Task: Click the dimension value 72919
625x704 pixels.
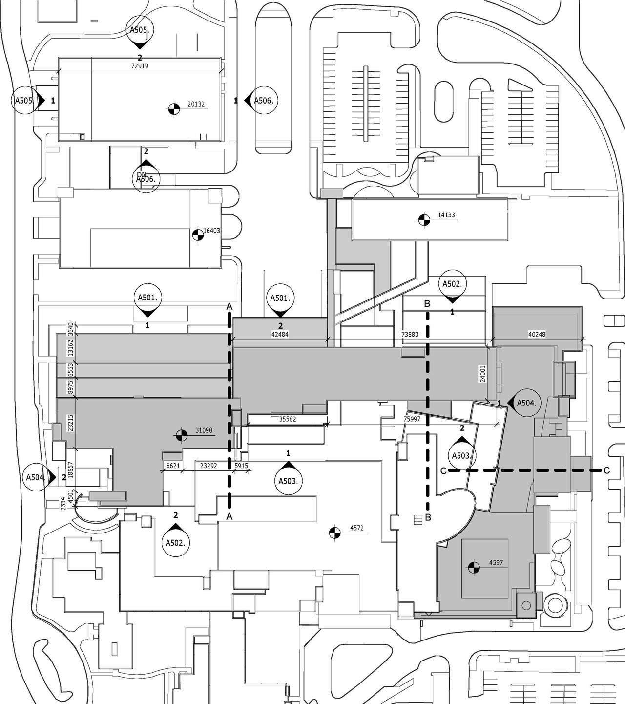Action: [140, 66]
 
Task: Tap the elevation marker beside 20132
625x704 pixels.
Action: [173, 109]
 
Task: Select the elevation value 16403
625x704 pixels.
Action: [212, 231]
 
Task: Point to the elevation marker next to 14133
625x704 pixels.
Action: [424, 219]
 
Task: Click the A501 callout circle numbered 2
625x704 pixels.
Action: [280, 298]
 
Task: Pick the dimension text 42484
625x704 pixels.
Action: [280, 335]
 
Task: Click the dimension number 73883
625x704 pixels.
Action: [410, 335]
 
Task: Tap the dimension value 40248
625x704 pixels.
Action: [537, 335]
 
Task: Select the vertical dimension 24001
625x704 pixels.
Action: [483, 374]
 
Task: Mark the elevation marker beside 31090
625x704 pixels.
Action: [181, 434]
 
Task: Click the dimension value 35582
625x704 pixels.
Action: [287, 419]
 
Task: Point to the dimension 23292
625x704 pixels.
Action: [208, 466]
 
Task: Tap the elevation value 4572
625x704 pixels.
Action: [357, 528]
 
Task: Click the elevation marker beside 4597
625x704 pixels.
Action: [473, 567]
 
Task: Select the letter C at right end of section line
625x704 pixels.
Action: [606, 470]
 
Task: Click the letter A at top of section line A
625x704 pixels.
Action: [229, 307]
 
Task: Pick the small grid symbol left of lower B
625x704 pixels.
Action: [417, 520]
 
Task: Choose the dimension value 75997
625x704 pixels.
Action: [412, 419]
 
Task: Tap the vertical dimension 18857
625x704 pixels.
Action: [70, 469]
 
